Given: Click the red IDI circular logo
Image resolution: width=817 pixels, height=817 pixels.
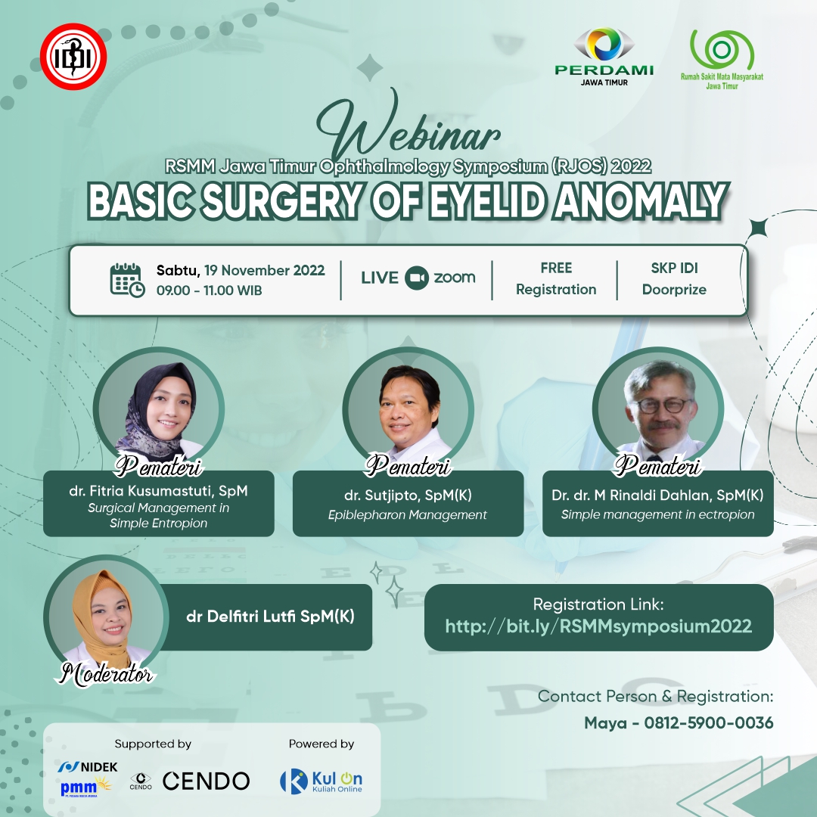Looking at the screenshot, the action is pyautogui.click(x=73, y=56).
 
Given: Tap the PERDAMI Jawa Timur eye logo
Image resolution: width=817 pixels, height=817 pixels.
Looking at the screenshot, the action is pyautogui.click(x=604, y=57).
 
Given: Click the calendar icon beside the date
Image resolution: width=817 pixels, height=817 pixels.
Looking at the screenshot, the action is pyautogui.click(x=127, y=281).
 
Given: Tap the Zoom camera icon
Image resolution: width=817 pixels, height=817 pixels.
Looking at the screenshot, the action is pyautogui.click(x=417, y=278).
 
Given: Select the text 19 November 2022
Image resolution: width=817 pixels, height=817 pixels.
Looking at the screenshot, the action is pyautogui.click(x=264, y=270).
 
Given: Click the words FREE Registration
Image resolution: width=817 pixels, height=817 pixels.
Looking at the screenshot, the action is pyautogui.click(x=556, y=278).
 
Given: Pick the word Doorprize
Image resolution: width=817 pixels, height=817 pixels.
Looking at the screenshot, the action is pyautogui.click(x=674, y=290).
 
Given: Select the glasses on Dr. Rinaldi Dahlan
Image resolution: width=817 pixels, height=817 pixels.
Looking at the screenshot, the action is pyautogui.click(x=662, y=405).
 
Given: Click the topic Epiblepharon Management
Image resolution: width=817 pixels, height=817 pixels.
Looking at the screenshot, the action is pyautogui.click(x=408, y=515).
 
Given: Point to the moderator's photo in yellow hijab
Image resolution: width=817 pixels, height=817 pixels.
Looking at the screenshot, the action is pyautogui.click(x=107, y=617).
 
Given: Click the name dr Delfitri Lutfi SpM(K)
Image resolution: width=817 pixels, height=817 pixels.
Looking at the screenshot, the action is pyautogui.click(x=270, y=617).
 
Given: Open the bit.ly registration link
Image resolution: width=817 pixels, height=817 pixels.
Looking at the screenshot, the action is pyautogui.click(x=598, y=626).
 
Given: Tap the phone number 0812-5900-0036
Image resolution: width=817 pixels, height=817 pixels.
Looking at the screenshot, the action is pyautogui.click(x=709, y=722).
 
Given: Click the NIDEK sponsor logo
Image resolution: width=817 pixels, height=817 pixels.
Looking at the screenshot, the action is pyautogui.click(x=88, y=766).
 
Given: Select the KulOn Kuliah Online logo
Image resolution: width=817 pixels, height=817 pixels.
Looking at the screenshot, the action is pyautogui.click(x=322, y=781).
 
